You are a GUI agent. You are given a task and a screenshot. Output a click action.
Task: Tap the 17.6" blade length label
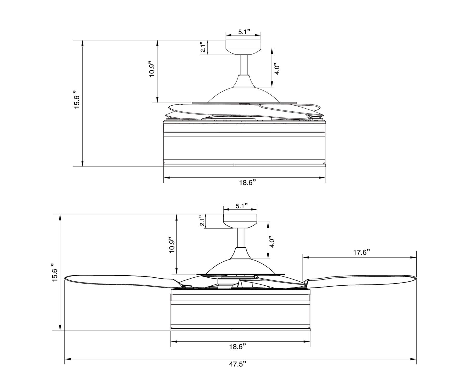(x=362, y=252)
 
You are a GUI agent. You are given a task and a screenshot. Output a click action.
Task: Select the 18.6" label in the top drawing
(x=247, y=183)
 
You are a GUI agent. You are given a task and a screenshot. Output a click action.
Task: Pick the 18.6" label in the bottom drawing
(x=237, y=346)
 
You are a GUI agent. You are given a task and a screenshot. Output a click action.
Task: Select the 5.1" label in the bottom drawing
(x=241, y=206)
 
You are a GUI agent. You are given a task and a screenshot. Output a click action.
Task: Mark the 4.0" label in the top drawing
(x=277, y=68)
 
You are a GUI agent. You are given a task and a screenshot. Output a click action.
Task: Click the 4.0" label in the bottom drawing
(x=271, y=242)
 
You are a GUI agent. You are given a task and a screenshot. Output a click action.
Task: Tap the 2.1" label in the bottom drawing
(x=202, y=221)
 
